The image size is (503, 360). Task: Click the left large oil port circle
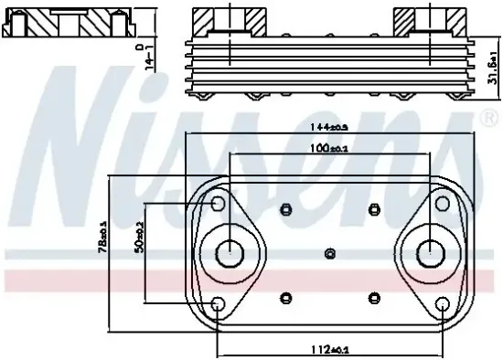(x=226, y=251)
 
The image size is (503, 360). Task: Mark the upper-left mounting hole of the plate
(x=218, y=203)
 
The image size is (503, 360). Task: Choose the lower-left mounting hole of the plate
(x=218, y=304)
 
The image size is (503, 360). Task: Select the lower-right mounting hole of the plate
(x=443, y=304)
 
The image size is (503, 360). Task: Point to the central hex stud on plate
(x=331, y=252)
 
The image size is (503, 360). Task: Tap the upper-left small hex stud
(x=287, y=208)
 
